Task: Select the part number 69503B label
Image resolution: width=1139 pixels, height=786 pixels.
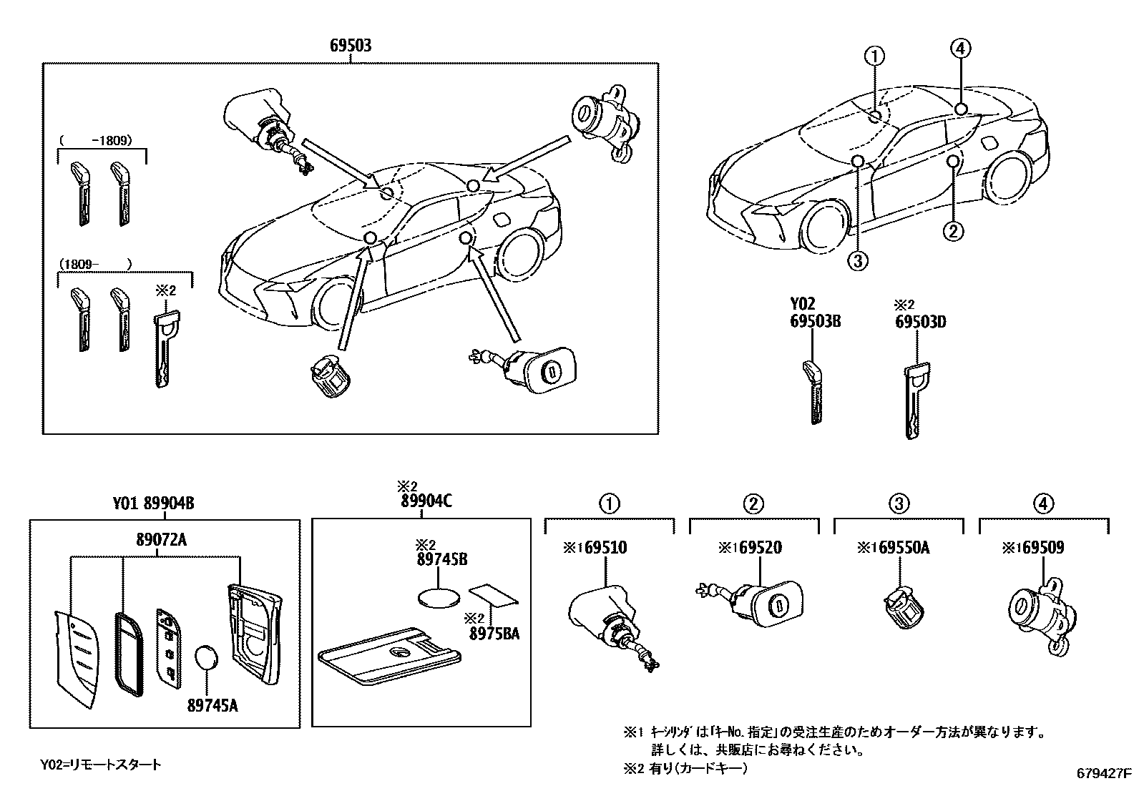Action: [x=815, y=322]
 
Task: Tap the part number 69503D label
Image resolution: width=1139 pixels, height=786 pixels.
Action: [x=920, y=322]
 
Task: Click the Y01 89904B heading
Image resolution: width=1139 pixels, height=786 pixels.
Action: [x=153, y=504]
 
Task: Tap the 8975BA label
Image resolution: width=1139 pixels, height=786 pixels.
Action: [x=494, y=634]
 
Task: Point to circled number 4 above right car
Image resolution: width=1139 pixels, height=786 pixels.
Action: [x=960, y=49]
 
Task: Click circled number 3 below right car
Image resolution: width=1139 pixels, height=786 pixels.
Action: [x=859, y=261]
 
